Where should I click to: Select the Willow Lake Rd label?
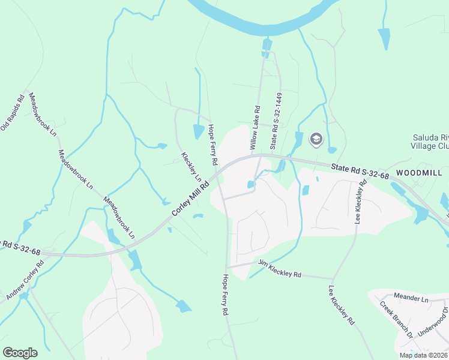point(255,128)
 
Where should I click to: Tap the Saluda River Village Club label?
point(429,142)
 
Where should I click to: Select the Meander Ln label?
point(411,298)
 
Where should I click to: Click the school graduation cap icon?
point(315,140)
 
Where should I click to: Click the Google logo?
point(20,353)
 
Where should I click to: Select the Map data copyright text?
point(423,355)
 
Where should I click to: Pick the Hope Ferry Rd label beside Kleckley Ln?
point(212,145)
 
